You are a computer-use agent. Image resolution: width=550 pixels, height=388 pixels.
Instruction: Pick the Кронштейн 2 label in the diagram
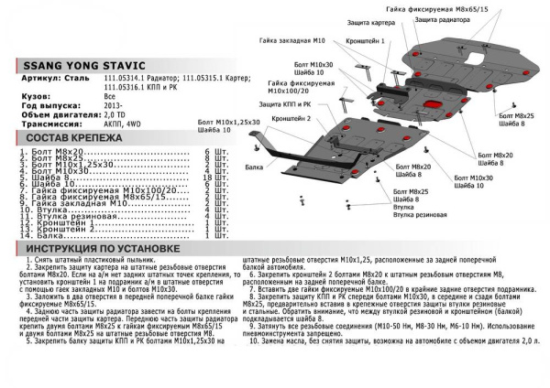point(291,119)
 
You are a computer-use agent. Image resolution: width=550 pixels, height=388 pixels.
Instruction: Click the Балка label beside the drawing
point(255,167)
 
